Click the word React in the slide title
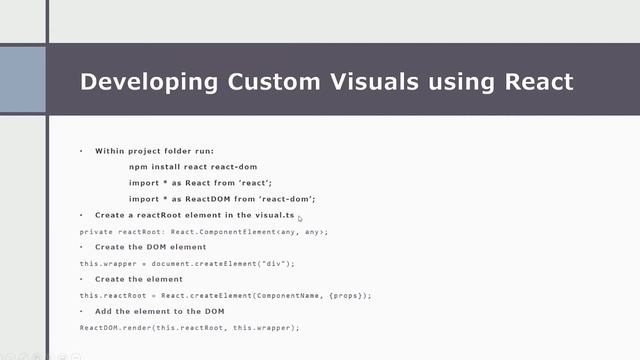coord(533,81)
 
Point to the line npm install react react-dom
coord(187,167)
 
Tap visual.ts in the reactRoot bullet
coord(275,215)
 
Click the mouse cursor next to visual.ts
coord(299,218)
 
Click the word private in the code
coord(96,231)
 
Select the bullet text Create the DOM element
coord(150,247)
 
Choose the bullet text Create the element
coord(139,279)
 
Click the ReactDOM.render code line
coord(190,327)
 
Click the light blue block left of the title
coord(23,79)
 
